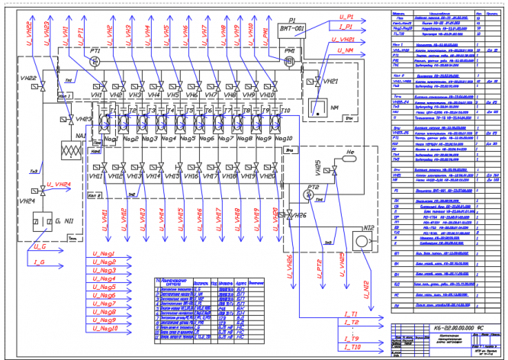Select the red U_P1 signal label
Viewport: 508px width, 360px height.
(x=346, y=16)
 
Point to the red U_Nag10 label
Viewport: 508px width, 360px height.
(x=105, y=329)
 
